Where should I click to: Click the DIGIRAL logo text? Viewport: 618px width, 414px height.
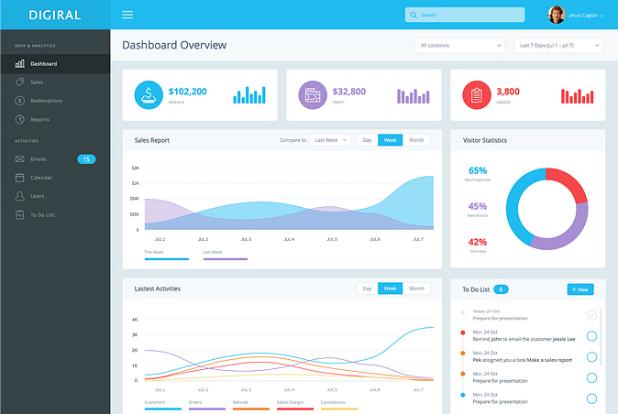click(x=54, y=15)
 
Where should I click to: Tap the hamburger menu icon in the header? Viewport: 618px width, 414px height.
click(x=127, y=15)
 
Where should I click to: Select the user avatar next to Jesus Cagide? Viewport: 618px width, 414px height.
click(x=557, y=15)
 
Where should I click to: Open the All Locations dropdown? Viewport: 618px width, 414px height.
click(x=460, y=45)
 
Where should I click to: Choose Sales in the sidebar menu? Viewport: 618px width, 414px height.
click(x=37, y=82)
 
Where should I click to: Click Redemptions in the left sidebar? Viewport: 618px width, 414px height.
click(x=46, y=101)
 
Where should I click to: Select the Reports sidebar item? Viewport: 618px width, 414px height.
click(x=39, y=119)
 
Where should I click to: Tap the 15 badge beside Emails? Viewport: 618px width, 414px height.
click(x=86, y=159)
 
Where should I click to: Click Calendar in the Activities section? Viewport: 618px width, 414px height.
click(x=41, y=178)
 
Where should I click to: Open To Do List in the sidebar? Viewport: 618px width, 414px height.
click(x=43, y=214)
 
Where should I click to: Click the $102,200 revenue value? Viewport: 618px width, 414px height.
click(x=187, y=92)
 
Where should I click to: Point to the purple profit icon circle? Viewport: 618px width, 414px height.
click(x=312, y=94)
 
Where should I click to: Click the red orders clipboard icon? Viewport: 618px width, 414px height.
click(x=475, y=94)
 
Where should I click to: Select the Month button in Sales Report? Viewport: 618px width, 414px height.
click(x=416, y=140)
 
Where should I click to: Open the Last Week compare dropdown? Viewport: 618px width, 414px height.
click(x=330, y=140)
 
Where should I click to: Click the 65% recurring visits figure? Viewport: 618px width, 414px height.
click(x=477, y=170)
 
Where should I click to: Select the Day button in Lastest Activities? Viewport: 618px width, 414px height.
click(x=367, y=289)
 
